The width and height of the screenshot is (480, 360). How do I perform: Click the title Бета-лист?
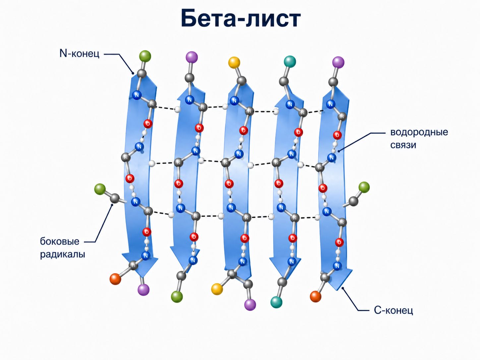point(241,18)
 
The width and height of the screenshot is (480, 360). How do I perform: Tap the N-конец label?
point(79,53)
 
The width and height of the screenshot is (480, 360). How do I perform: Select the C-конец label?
point(393,310)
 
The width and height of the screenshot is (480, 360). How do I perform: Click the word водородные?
point(419,132)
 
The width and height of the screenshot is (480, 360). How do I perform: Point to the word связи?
point(403,145)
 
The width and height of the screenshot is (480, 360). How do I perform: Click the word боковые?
point(59,242)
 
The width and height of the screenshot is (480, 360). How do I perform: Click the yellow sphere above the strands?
point(234,63)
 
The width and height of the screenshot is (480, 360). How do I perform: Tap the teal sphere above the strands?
point(290,61)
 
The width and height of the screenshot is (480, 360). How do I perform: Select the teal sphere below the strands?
point(276,302)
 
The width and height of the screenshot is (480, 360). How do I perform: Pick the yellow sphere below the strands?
point(217,289)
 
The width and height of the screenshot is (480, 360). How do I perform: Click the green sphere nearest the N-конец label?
point(145,56)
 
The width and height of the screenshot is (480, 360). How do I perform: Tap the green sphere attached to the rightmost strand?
point(364,187)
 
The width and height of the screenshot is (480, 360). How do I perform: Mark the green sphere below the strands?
point(177,297)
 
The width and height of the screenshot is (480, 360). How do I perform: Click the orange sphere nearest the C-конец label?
point(316,297)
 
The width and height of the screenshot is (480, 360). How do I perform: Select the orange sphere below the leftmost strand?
point(115,279)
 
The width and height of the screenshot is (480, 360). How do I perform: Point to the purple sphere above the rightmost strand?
point(338,62)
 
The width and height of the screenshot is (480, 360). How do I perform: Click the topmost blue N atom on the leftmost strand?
point(137,95)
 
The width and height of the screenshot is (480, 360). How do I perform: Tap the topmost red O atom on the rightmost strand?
point(337,135)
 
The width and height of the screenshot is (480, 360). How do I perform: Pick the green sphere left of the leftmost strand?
point(100,189)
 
